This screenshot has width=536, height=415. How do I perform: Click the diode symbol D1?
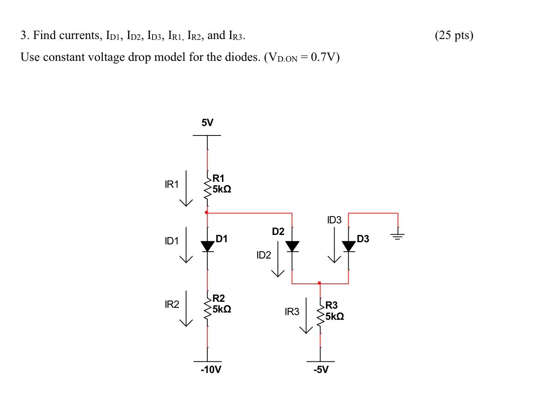(208, 247)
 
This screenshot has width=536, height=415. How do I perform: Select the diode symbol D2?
(292, 247)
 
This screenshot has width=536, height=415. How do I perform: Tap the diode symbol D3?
(349, 247)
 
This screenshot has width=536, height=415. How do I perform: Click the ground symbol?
(398, 235)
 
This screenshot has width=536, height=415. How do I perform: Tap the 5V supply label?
(207, 123)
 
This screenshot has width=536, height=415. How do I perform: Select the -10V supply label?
(211, 369)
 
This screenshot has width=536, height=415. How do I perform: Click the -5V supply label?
(321, 369)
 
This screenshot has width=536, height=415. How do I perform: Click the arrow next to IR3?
(306, 316)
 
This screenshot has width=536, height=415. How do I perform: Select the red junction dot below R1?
(207, 212)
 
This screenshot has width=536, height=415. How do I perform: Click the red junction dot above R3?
(319, 283)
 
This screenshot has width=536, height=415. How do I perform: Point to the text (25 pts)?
(454, 35)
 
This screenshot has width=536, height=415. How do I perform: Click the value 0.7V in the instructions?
(324, 57)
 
